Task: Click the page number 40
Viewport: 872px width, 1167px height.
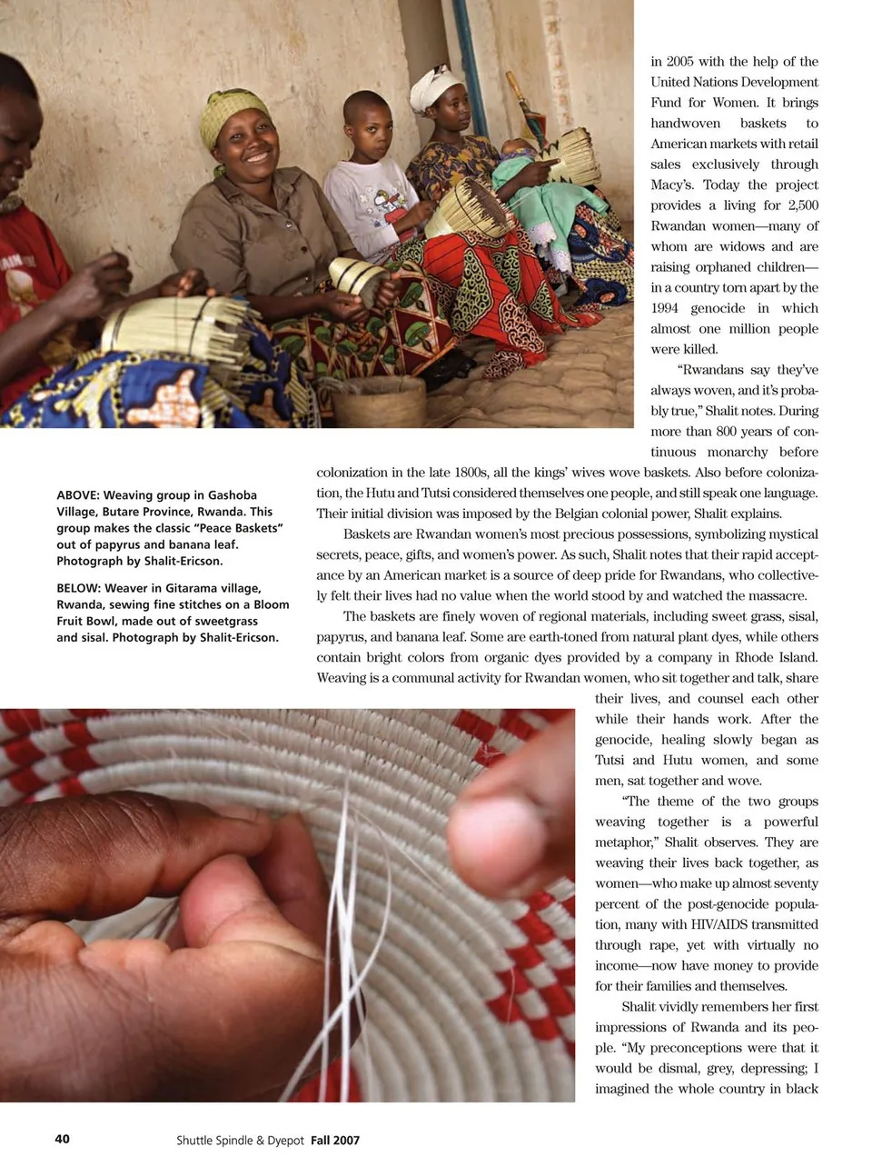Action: tap(62, 1138)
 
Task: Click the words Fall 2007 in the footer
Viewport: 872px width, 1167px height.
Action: tap(335, 1140)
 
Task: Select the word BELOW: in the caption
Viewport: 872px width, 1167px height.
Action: tap(77, 588)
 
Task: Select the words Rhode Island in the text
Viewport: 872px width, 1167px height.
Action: tap(778, 657)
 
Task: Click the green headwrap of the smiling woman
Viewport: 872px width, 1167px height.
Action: tap(231, 113)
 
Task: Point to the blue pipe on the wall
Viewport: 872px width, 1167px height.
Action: tap(471, 55)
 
